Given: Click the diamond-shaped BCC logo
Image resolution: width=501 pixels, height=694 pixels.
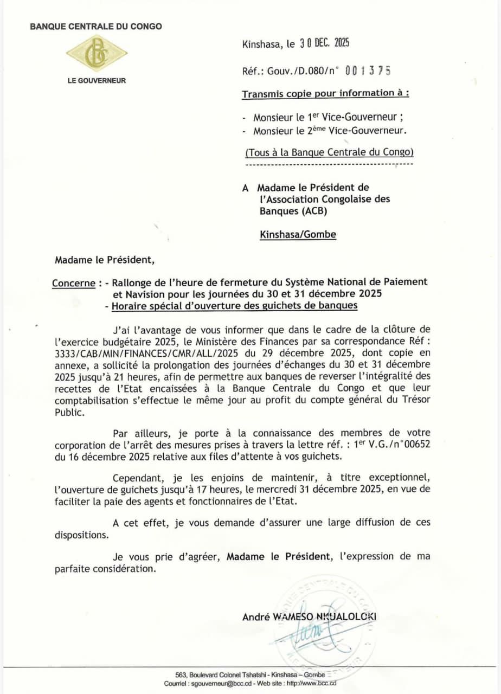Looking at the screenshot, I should tap(97, 53).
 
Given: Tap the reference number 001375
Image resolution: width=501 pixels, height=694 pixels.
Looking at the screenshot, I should tap(368, 70).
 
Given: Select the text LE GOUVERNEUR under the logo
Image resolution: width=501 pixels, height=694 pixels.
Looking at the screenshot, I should tap(97, 81).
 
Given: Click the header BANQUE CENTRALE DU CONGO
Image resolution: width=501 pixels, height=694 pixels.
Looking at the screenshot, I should tap(96, 26).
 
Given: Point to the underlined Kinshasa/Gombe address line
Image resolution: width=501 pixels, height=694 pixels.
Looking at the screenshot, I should tap(298, 235).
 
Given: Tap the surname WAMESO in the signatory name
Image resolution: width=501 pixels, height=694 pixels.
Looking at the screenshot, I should tap(292, 617).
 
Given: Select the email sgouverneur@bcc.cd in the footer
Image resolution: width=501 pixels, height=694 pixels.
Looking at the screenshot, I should tap(227, 684).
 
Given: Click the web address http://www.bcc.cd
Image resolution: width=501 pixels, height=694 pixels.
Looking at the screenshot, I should tap(311, 684).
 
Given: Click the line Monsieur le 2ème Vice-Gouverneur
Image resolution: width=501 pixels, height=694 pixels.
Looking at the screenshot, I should tap(330, 131).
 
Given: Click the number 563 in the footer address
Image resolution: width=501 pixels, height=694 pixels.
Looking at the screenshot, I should tap(181, 674).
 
